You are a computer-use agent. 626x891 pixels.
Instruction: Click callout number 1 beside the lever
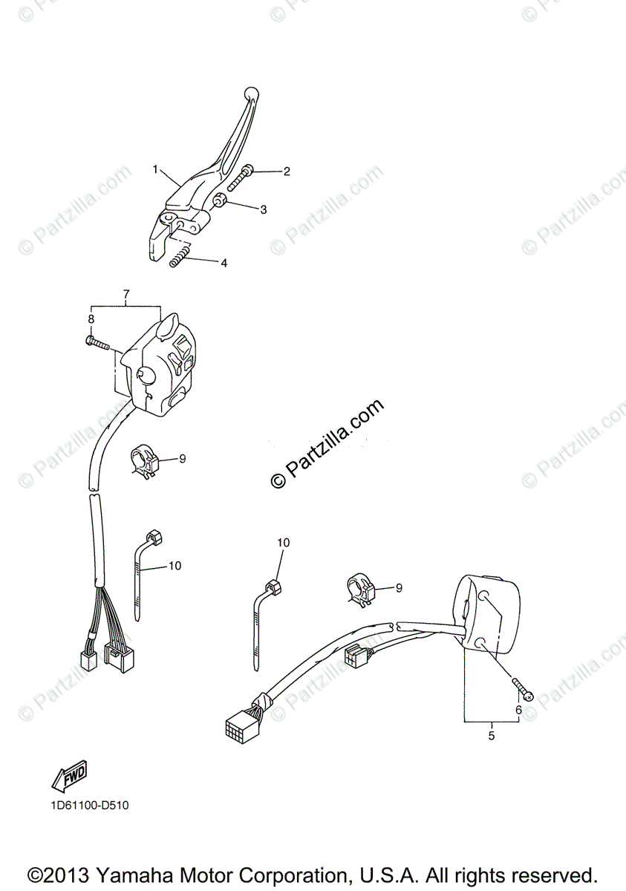point(156,170)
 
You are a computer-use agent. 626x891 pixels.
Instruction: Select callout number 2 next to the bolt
point(286,172)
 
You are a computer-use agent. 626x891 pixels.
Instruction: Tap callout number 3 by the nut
point(263,209)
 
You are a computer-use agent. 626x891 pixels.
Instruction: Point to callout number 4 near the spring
point(224,263)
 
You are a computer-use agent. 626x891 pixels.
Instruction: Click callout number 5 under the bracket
point(491,736)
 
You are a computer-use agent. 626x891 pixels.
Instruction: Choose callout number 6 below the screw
point(518,710)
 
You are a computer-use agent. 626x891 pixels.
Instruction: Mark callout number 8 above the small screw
point(91,319)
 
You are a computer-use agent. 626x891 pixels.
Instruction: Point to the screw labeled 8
point(97,343)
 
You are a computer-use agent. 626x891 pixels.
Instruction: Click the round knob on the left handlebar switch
point(145,376)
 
